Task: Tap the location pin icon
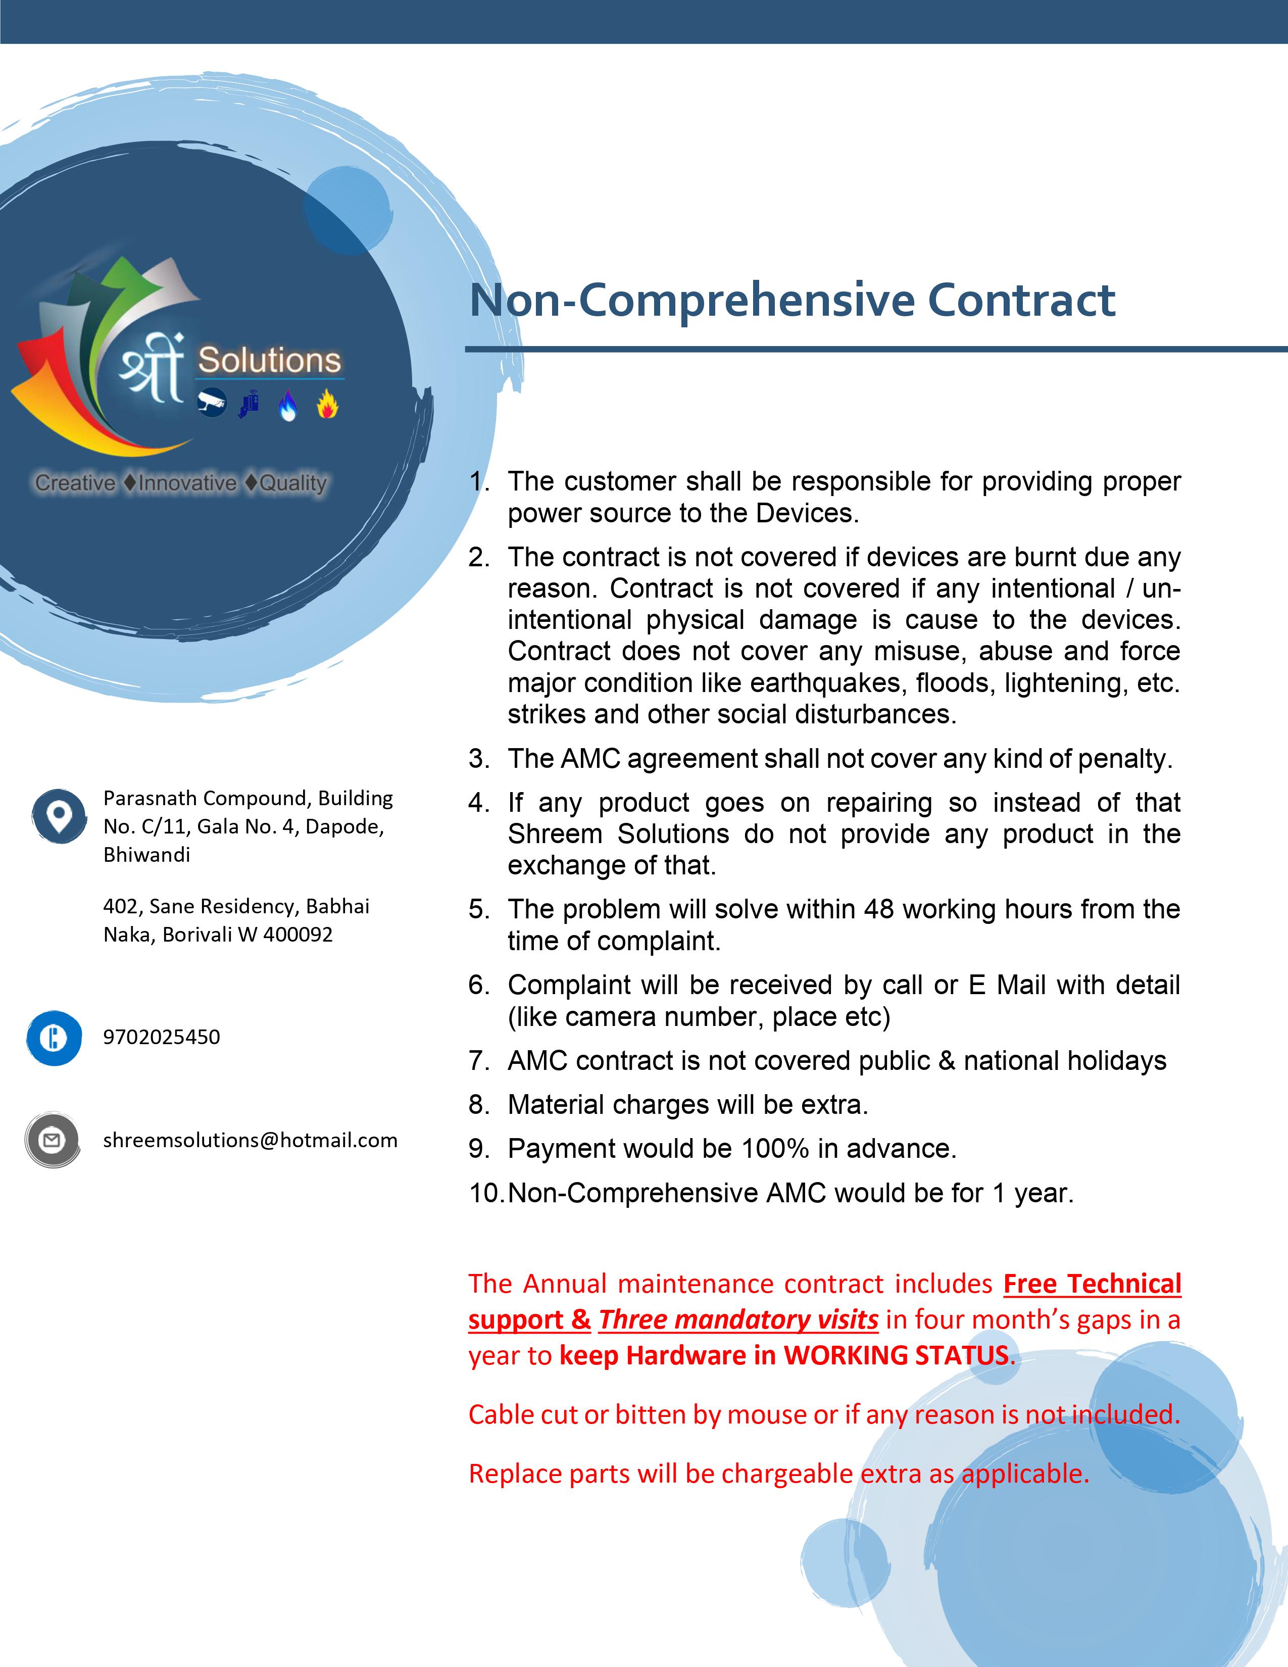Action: pyautogui.click(x=59, y=816)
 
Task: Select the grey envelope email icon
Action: pyautogui.click(x=52, y=1140)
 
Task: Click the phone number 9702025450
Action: pyautogui.click(x=162, y=1037)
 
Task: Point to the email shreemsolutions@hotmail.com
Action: pyautogui.click(x=250, y=1140)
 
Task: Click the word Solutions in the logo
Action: pyautogui.click(x=269, y=360)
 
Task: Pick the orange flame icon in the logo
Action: pyautogui.click(x=327, y=405)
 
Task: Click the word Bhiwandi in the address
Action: pyautogui.click(x=146, y=855)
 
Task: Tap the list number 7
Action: pyautogui.click(x=478, y=1061)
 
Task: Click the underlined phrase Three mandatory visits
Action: pyautogui.click(x=738, y=1319)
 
